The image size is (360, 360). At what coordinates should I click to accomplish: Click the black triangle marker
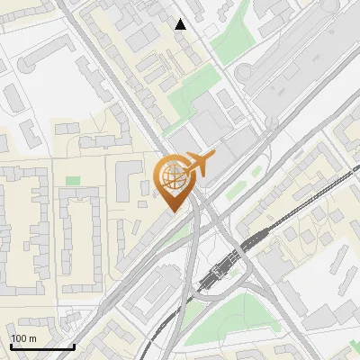click(x=181, y=24)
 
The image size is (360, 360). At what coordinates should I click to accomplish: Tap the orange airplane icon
click(x=197, y=165)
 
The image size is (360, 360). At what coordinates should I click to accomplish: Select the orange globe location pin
click(x=173, y=183)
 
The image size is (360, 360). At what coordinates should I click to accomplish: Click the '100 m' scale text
click(x=24, y=338)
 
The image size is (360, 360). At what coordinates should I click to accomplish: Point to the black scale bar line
click(x=42, y=346)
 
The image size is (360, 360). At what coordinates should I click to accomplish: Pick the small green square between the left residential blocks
click(x=72, y=182)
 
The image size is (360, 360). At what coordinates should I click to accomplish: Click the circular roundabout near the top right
click(x=244, y=74)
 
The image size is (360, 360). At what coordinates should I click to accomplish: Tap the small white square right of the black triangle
click(x=210, y=31)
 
